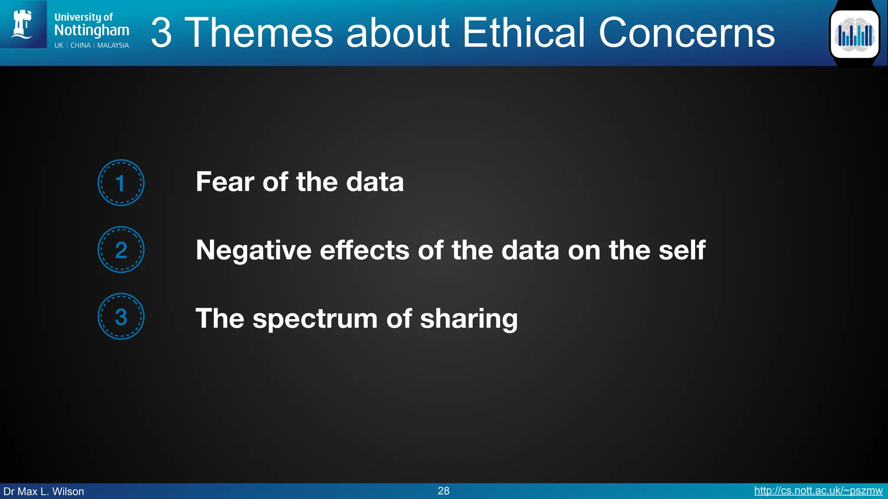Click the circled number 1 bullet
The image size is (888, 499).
tap(121, 183)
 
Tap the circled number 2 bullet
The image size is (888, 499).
tap(121, 250)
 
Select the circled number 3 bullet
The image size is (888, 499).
tap(121, 317)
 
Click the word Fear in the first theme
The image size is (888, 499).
tap(225, 181)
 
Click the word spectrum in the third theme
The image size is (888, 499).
tap(315, 319)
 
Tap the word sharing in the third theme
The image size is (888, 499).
tap(469, 319)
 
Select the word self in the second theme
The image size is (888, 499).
tap(682, 250)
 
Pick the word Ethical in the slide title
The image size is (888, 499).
tap(524, 32)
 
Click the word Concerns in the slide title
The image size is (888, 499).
tap(687, 32)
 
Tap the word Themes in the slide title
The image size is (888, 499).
tap(261, 32)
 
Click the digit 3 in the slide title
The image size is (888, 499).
tap(161, 32)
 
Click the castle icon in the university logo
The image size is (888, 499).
tap(23, 24)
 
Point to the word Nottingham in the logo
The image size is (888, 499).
tap(91, 30)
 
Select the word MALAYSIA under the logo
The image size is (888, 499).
tap(113, 45)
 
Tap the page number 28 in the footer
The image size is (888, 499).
tap(444, 491)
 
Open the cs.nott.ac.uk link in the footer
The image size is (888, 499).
tap(818, 491)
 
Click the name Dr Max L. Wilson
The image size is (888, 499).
tap(44, 492)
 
